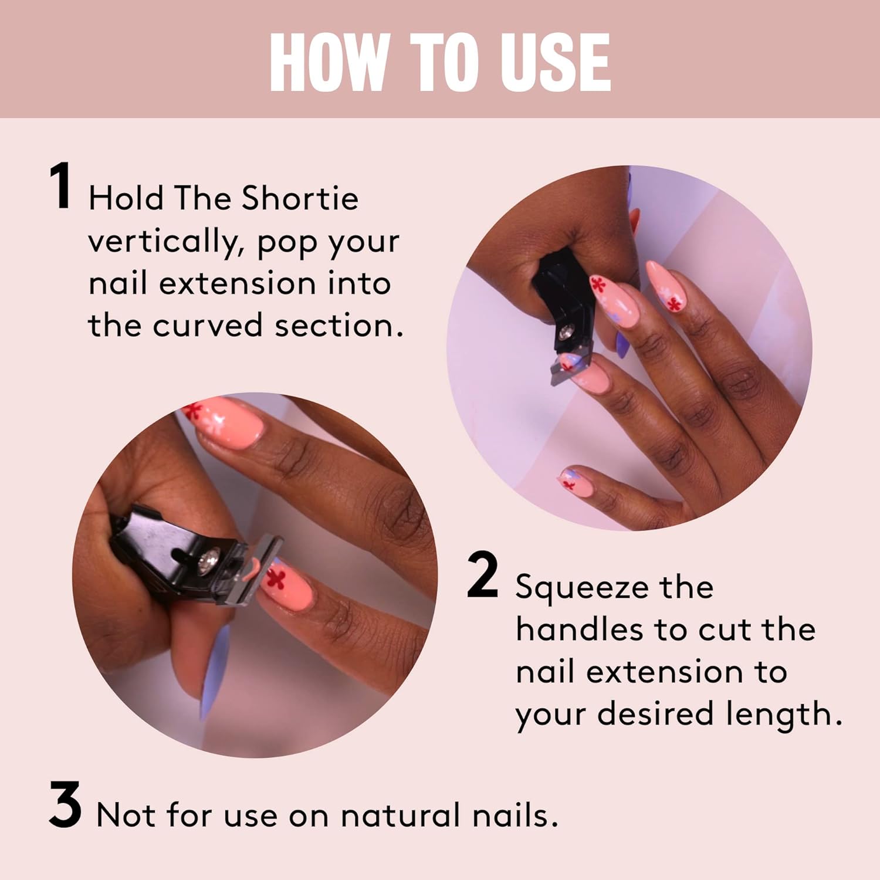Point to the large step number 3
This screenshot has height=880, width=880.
[65, 805]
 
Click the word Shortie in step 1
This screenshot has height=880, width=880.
[300, 198]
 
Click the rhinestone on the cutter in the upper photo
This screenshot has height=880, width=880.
[567, 333]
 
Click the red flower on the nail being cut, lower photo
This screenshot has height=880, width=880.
[275, 577]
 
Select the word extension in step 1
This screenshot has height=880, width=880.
[237, 285]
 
